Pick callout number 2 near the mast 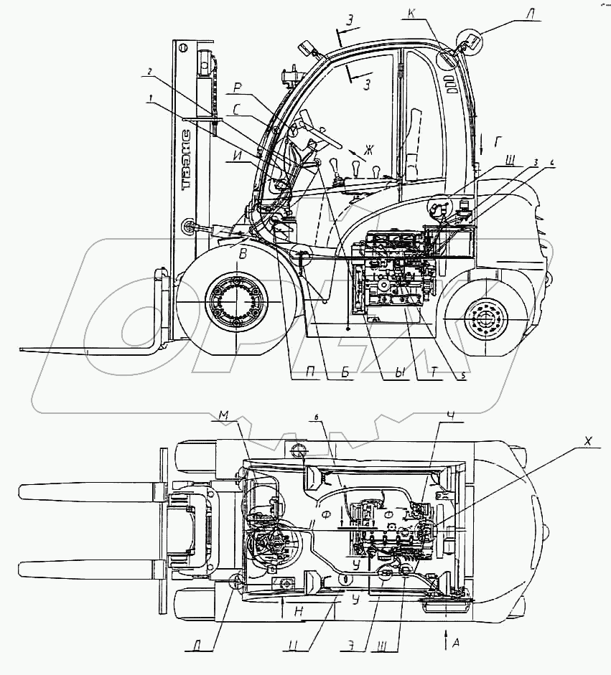click(x=149, y=71)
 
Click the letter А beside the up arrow click(x=457, y=643)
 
